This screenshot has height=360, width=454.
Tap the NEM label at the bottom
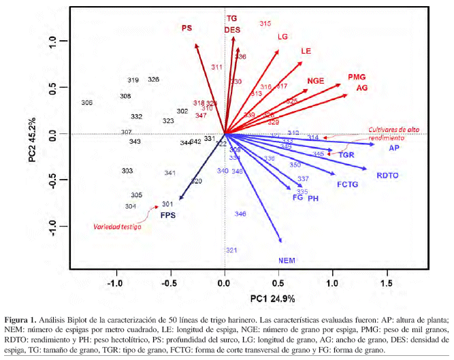(x=287, y=261)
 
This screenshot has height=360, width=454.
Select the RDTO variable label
(x=387, y=176)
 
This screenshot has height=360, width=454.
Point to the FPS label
(x=168, y=215)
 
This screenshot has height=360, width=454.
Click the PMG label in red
(x=357, y=78)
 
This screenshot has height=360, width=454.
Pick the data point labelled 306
(x=86, y=103)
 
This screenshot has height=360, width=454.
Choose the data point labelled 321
(x=231, y=250)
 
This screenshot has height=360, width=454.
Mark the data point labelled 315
(x=265, y=24)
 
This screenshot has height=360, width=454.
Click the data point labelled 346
(x=240, y=214)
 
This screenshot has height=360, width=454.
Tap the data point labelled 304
(x=131, y=206)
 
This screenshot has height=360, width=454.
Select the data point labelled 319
(x=133, y=80)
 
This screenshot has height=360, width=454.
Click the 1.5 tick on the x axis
(x=387, y=282)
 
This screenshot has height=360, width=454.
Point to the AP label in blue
(x=393, y=148)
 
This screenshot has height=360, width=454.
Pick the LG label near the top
(x=283, y=37)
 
